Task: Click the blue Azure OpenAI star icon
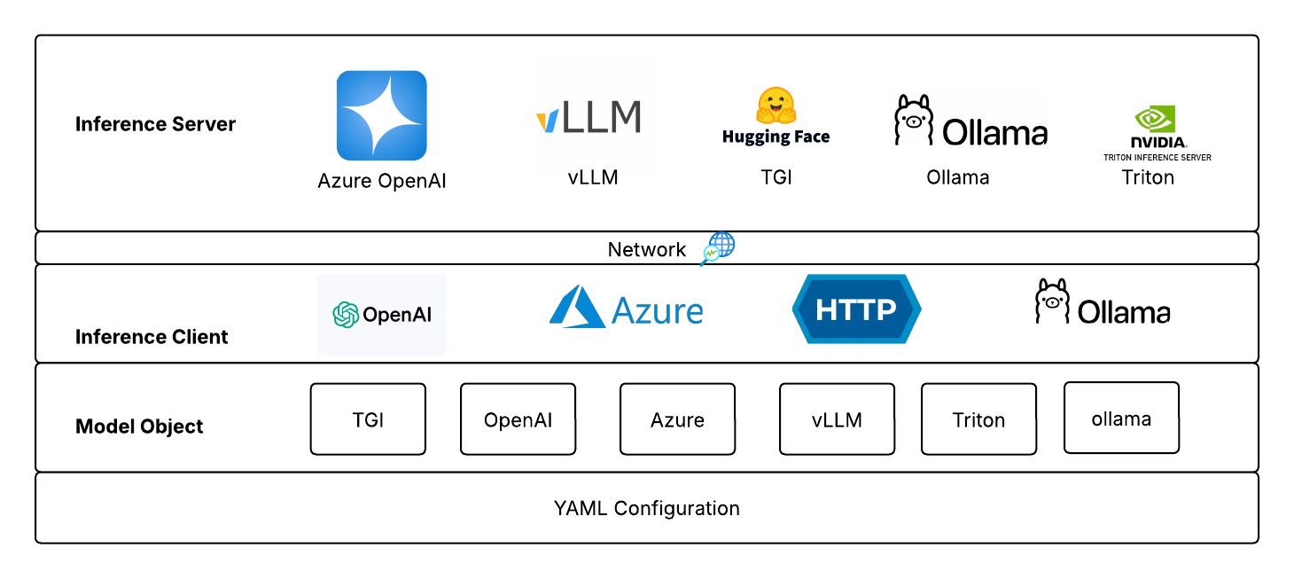click(x=381, y=116)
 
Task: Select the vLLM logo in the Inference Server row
click(x=589, y=117)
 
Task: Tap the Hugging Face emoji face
click(x=775, y=105)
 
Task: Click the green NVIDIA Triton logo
click(x=1156, y=120)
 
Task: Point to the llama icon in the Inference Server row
click(x=913, y=121)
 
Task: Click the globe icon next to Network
click(x=718, y=248)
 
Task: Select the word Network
click(x=646, y=249)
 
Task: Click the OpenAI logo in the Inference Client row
click(x=382, y=315)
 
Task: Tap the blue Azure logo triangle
click(x=577, y=308)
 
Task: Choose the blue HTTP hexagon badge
click(x=856, y=309)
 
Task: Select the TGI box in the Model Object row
click(x=368, y=419)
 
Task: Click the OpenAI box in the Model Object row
click(x=518, y=419)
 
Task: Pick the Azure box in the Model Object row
click(x=677, y=419)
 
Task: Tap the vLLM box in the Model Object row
click(x=837, y=419)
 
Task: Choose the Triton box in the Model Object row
click(x=978, y=419)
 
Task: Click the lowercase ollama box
click(x=1121, y=419)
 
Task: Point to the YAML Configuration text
click(x=646, y=508)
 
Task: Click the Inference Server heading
click(x=155, y=124)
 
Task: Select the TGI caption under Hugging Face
click(x=776, y=177)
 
